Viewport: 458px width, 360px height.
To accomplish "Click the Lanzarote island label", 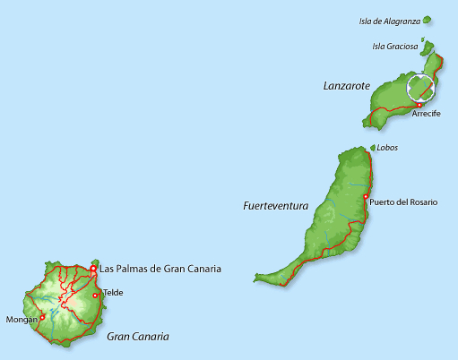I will (x=346, y=86).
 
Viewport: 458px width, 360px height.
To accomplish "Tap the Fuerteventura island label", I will (x=275, y=206).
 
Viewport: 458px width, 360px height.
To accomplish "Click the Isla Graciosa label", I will (x=394, y=47).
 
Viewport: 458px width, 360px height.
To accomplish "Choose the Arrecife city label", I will (x=426, y=115).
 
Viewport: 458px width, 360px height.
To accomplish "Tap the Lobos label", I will (x=387, y=148).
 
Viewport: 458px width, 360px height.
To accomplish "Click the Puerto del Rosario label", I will (x=403, y=202).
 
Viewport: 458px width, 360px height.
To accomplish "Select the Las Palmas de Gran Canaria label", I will (x=160, y=268).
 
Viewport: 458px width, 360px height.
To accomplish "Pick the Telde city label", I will (x=113, y=293).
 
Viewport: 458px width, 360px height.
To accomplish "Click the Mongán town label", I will (x=22, y=319).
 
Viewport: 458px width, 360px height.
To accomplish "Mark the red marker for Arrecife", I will (x=419, y=105).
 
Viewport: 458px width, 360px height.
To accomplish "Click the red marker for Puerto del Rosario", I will (x=365, y=197).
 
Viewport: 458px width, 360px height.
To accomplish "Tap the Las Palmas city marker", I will (x=93, y=267).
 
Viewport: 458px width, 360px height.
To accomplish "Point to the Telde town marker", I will (x=96, y=295).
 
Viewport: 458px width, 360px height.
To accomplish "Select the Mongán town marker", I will (x=42, y=316).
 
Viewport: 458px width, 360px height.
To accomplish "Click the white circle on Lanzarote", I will (x=420, y=87).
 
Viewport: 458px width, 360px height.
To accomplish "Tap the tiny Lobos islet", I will (x=373, y=148).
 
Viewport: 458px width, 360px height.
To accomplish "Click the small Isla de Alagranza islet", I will (x=428, y=19).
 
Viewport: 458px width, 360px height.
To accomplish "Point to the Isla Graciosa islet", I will (x=428, y=48).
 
